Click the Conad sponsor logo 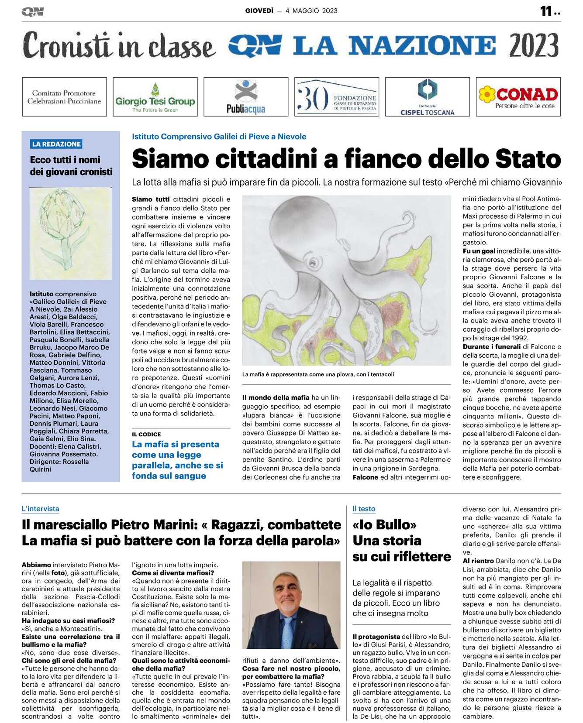(518, 97)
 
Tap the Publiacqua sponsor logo (246, 97)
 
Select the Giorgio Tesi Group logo (155, 97)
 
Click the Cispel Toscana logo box (427, 97)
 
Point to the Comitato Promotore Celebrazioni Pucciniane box (64, 97)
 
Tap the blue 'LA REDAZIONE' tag (56, 144)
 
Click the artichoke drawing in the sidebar (70, 233)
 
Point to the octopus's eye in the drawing (313, 261)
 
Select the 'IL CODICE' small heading (146, 434)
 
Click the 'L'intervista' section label (40, 509)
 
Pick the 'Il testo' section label (364, 509)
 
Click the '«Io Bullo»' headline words (384, 524)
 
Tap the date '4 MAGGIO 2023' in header (311, 11)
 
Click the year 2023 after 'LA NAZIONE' (533, 45)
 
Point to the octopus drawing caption (318, 374)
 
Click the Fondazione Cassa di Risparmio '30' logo (336, 97)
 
